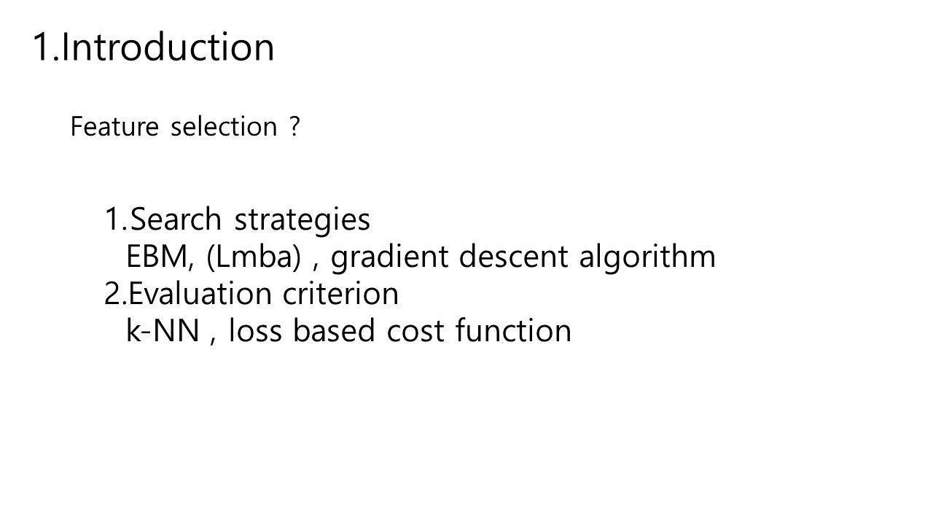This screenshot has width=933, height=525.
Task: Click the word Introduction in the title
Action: (x=168, y=47)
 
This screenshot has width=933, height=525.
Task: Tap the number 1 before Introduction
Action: (x=42, y=47)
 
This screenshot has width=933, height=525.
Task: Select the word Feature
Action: (x=114, y=126)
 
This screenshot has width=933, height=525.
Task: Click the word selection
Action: (x=224, y=126)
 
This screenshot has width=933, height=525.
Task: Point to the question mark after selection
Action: (x=294, y=126)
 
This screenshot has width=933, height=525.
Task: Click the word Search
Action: (x=176, y=219)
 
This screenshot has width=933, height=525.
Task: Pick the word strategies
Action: (x=302, y=220)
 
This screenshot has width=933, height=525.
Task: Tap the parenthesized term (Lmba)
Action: (x=253, y=257)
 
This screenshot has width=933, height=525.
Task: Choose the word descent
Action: (x=513, y=257)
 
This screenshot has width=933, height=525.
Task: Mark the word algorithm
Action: (x=647, y=257)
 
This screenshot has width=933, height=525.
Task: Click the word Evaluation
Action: (x=200, y=294)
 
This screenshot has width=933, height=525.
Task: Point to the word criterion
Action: (x=340, y=294)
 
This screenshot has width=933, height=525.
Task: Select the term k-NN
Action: (x=163, y=331)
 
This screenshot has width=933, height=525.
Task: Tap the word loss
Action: (x=255, y=331)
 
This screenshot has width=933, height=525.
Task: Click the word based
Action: (x=334, y=331)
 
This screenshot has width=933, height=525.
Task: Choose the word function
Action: (x=513, y=331)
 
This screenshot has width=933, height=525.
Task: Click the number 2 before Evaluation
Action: (x=112, y=294)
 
